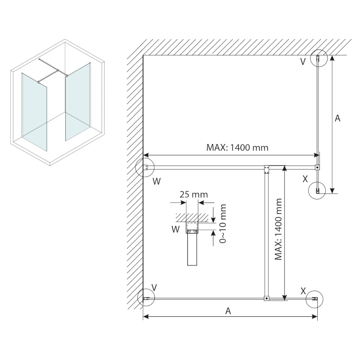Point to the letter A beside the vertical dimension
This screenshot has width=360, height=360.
coord(338,118)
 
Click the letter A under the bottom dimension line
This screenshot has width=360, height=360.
coord(229,311)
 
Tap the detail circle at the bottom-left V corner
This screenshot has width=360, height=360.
coord(145,298)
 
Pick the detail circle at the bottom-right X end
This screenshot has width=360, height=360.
coord(315,298)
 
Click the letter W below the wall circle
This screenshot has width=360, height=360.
coord(156,181)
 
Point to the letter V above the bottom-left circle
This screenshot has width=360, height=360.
coord(154,287)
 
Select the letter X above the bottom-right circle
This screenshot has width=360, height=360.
coord(303,290)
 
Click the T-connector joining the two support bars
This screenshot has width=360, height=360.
coord(266,169)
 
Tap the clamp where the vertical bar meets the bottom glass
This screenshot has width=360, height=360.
coord(266,298)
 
